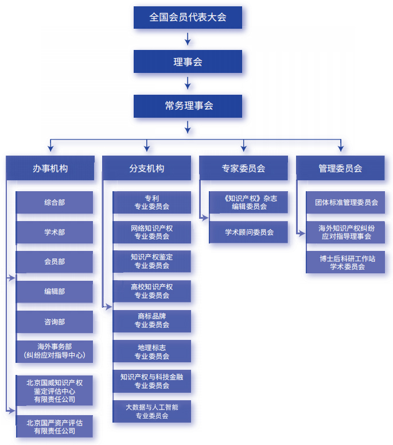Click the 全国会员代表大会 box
188,17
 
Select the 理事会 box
188,61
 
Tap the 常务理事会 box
188,106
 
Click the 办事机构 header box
50,168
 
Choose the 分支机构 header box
147,168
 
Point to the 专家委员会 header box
243,168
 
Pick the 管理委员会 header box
340,168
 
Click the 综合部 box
55,202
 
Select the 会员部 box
55,262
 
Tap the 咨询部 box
55,322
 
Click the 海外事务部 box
55,351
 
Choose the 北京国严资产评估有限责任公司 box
55,426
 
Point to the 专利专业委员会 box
151,202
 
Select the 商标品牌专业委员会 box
151,321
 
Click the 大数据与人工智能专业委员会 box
151,411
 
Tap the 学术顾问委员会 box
249,232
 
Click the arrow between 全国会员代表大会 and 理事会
188,39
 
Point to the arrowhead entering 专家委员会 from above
243,148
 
